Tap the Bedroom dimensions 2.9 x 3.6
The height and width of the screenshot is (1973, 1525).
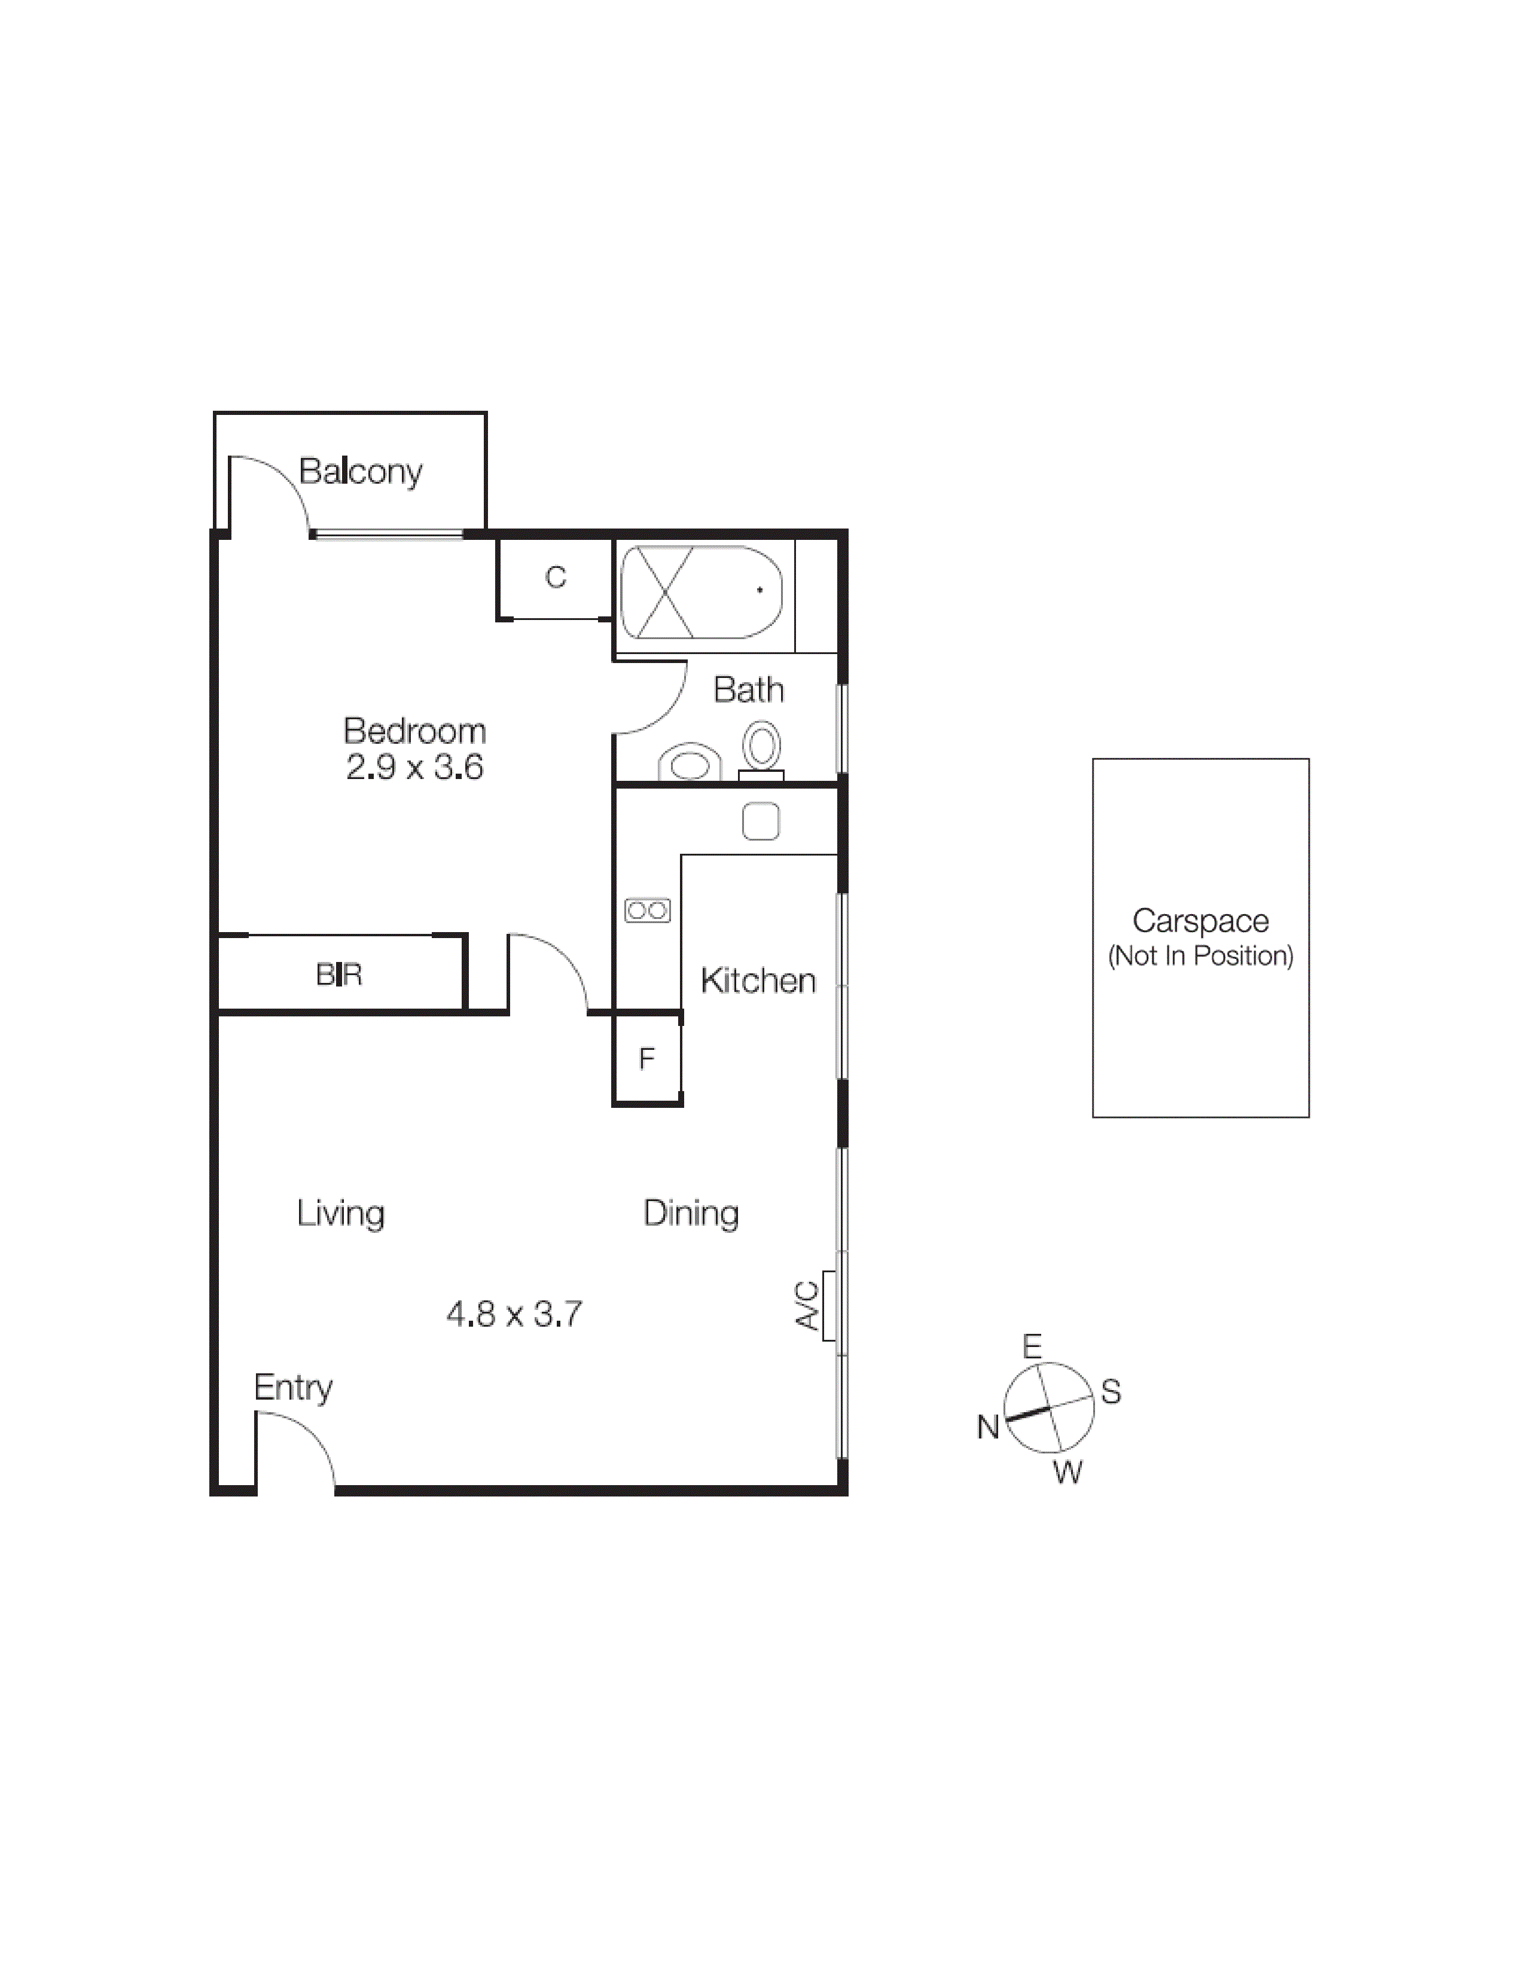click(414, 768)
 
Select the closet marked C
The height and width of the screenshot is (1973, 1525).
click(555, 578)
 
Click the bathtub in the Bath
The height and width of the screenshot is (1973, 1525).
click(700, 592)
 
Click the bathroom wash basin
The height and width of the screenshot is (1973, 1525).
click(690, 763)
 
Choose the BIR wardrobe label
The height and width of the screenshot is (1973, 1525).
click(338, 975)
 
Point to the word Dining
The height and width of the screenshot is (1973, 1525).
click(691, 1213)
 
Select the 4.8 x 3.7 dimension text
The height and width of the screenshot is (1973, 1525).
click(514, 1314)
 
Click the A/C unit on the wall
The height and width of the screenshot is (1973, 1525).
click(828, 1305)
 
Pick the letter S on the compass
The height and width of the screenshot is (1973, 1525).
click(1111, 1392)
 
